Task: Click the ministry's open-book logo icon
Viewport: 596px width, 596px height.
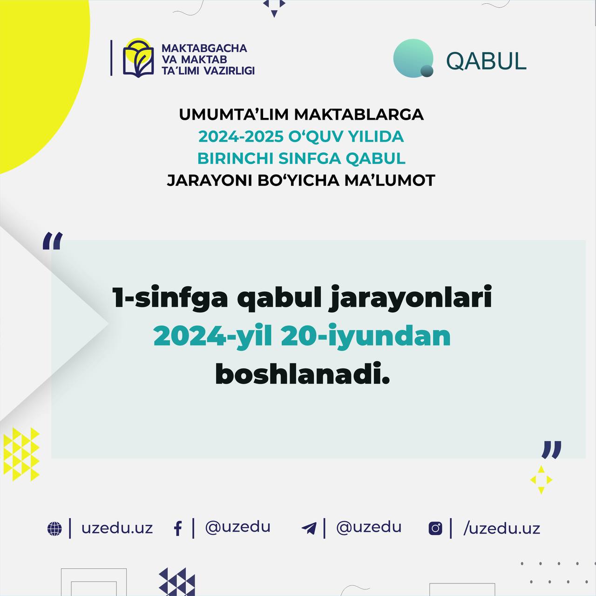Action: click(x=138, y=58)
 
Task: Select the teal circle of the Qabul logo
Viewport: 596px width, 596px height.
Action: click(x=413, y=58)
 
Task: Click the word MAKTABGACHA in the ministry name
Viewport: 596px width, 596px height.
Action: click(x=204, y=48)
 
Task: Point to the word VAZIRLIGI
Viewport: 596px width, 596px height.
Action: click(x=230, y=70)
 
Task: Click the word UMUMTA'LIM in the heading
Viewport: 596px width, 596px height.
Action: click(x=234, y=115)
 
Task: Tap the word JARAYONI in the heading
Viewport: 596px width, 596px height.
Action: click(x=210, y=180)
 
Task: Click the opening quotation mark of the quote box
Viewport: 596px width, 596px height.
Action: click(x=52, y=241)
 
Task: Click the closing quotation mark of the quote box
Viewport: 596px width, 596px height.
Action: click(x=551, y=450)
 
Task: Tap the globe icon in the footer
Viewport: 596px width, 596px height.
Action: click(x=54, y=528)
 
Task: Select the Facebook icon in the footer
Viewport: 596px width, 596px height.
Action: click(x=178, y=528)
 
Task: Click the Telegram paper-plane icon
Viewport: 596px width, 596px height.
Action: click(x=309, y=528)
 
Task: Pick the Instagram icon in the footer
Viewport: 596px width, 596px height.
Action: click(x=435, y=528)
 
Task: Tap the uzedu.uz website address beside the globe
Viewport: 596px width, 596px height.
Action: click(x=117, y=528)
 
